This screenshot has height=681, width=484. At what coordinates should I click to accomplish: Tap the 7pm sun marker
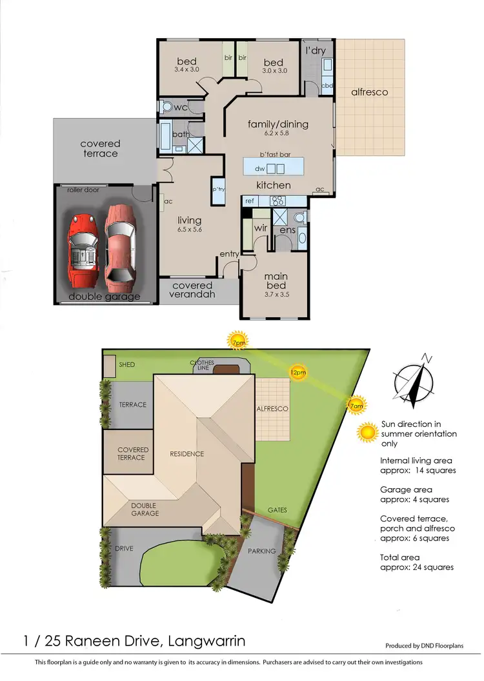(238, 340)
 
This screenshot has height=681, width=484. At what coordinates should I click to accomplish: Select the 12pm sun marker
(297, 372)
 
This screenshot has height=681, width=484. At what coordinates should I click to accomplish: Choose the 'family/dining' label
(278, 124)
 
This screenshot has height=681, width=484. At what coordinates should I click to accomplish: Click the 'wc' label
(181, 107)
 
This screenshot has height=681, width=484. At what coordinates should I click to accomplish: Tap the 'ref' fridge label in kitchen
(250, 201)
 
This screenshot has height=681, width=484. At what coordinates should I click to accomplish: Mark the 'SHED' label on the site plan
(127, 364)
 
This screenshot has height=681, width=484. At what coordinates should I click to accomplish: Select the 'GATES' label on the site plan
(277, 509)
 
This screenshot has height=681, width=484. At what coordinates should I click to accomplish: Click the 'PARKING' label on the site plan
(261, 551)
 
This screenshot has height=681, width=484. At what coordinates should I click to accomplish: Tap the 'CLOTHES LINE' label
(201, 366)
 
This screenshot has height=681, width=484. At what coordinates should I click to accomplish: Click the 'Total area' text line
(400, 557)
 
